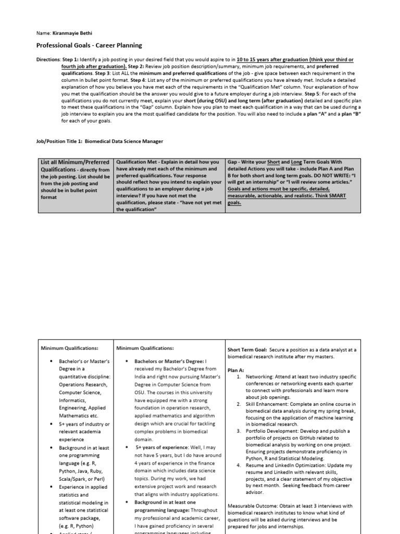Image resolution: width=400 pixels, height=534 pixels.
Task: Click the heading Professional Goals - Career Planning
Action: click(89, 46)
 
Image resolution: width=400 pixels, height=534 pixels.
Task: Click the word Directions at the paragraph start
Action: click(48, 60)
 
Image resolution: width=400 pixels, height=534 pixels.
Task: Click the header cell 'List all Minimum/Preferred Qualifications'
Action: click(74, 166)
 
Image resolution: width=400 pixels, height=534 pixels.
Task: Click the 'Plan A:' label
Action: click(235, 369)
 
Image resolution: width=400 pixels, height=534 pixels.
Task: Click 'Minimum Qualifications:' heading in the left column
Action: click(69, 348)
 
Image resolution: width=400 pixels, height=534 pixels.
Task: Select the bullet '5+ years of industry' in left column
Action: click(84, 424)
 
